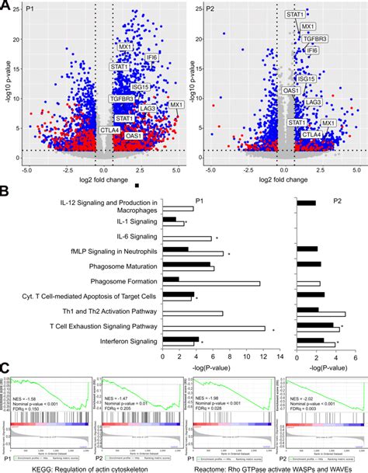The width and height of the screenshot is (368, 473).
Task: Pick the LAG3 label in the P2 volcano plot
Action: (314, 102)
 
